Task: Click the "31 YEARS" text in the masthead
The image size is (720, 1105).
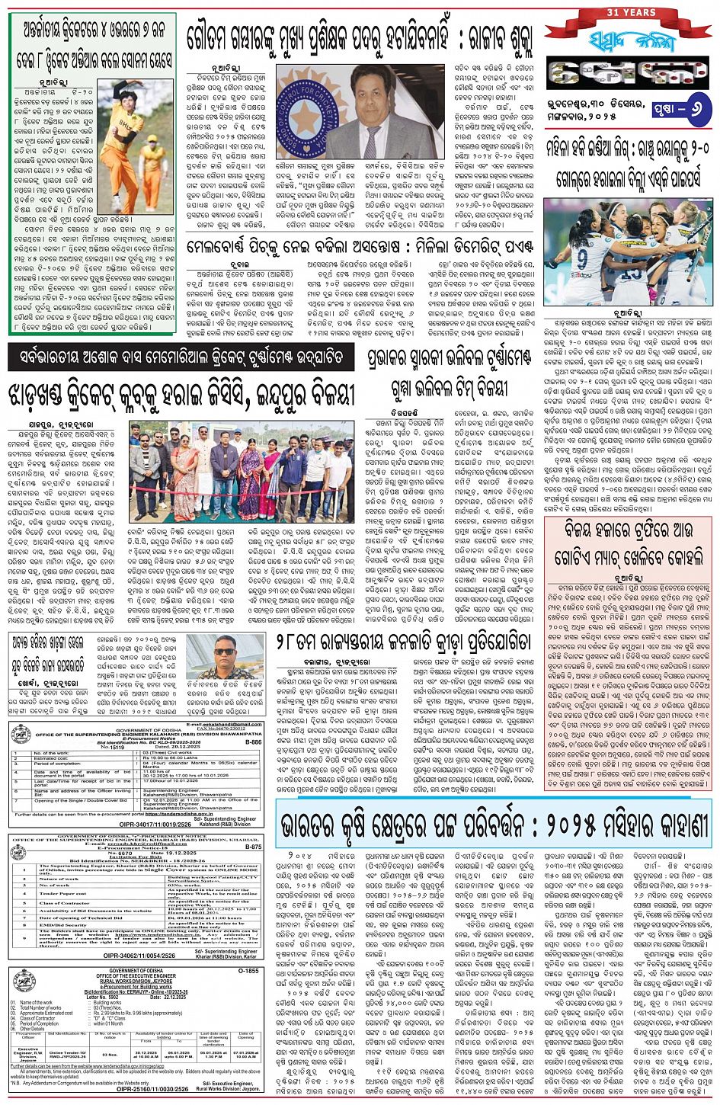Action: pos(630,12)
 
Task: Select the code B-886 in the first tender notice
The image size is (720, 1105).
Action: pos(253,741)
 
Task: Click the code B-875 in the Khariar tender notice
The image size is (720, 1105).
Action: pos(253,846)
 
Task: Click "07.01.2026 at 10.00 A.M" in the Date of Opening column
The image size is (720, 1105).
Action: pos(245,1054)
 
